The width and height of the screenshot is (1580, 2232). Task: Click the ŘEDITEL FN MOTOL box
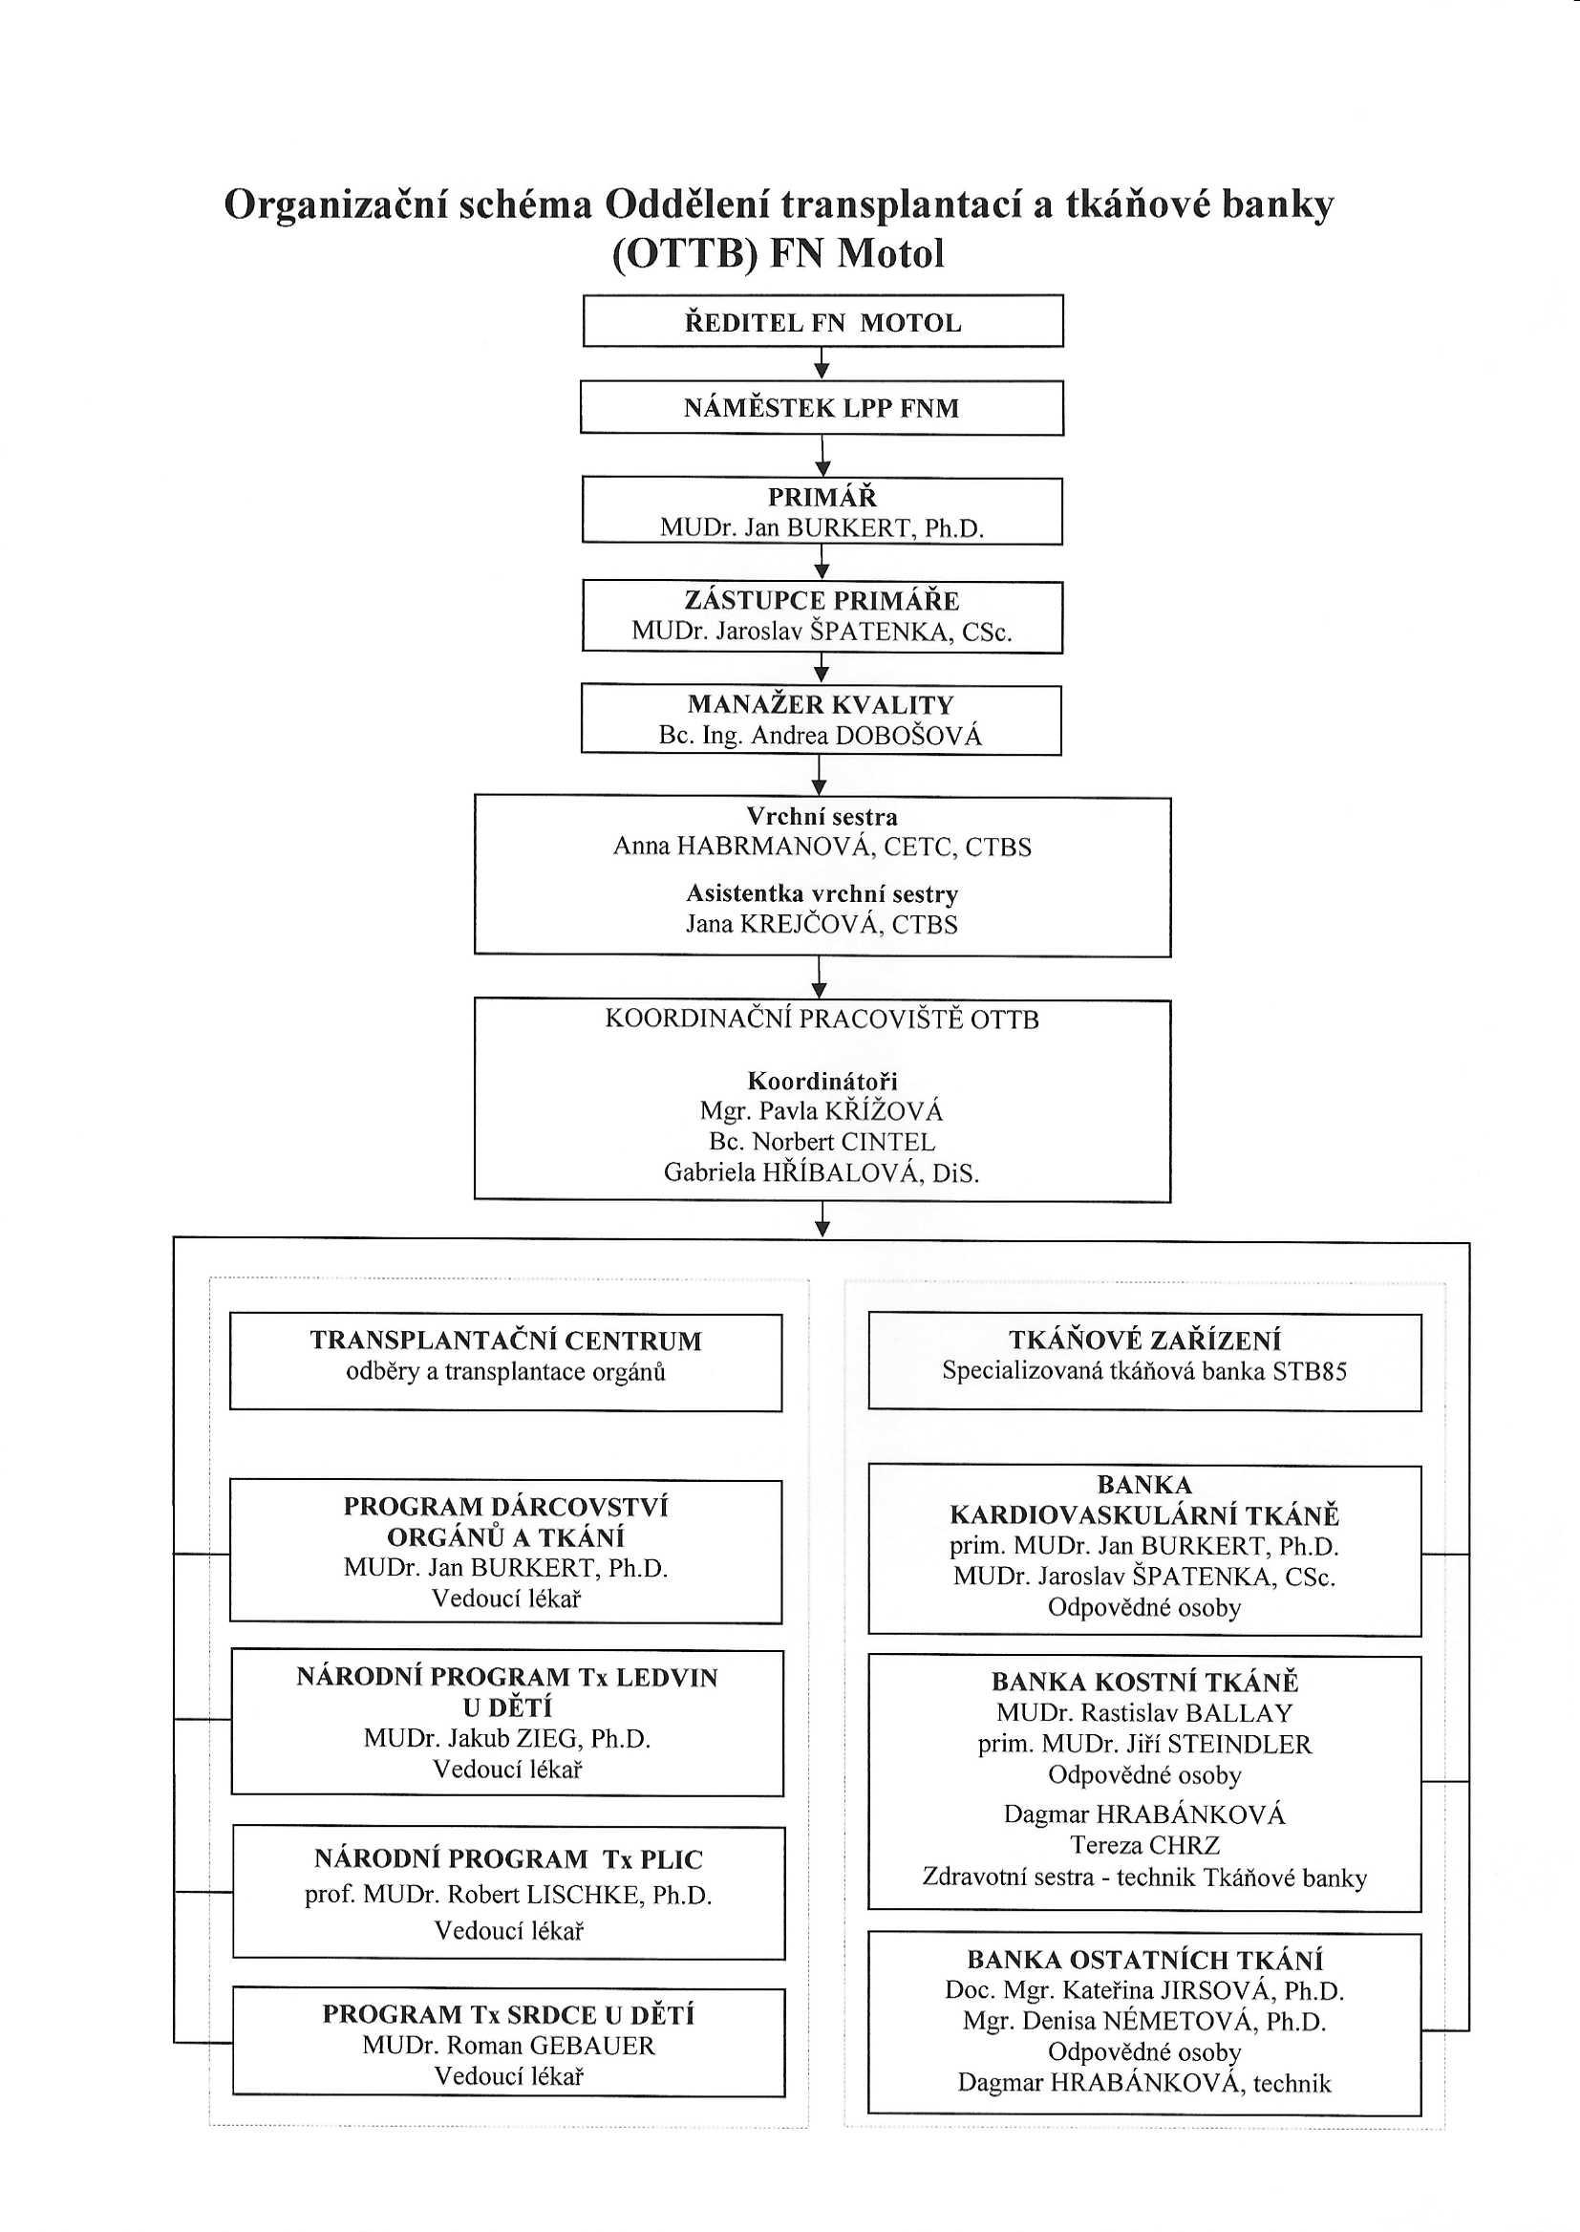822,321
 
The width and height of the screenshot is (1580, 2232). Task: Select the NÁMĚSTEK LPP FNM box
822,408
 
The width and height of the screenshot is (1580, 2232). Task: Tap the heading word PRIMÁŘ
822,497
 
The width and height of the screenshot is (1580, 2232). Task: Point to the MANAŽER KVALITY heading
822,704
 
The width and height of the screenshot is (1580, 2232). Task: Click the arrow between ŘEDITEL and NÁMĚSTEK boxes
822,363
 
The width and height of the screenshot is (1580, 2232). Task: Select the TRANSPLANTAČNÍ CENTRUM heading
506,1341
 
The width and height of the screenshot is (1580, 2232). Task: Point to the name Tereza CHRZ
1145,1846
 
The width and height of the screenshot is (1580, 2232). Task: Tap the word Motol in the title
891,254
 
